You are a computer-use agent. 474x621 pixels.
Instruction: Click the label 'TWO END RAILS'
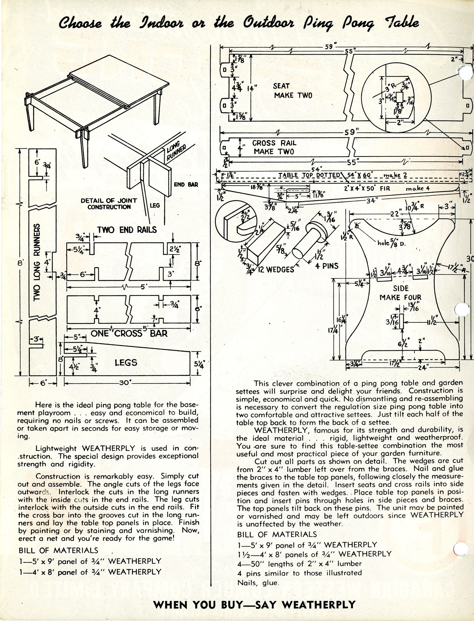point(127,230)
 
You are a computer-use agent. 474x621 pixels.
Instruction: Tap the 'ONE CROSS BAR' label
point(129,333)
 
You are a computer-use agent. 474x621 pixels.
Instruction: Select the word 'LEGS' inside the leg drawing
point(126,363)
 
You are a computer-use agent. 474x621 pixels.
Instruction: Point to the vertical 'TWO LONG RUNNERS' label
point(37,262)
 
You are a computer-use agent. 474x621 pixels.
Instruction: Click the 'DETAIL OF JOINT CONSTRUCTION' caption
point(109,203)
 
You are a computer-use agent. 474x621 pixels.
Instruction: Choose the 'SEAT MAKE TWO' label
point(293,91)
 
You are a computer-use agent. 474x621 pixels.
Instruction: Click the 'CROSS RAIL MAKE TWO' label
point(274,147)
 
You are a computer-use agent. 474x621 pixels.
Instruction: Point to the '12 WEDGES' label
point(276,269)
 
